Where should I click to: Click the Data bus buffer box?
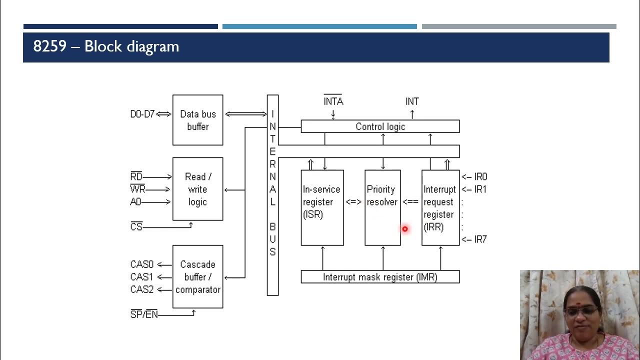[197, 120]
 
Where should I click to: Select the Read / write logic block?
[197, 189]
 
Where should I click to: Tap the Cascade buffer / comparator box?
[197, 276]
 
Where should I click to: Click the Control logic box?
[380, 126]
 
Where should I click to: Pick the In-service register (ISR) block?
[322, 207]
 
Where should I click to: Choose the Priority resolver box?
[382, 207]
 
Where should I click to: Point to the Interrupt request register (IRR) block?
[440, 207]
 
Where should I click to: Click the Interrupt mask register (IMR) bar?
[380, 276]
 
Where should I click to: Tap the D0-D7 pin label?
[142, 114]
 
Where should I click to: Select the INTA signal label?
[333, 101]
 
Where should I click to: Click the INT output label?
[412, 101]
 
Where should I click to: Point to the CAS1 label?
[141, 276]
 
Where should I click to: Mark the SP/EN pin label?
[143, 315]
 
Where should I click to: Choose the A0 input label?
[135, 202]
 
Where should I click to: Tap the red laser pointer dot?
[404, 229]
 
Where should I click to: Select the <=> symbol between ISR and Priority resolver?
[353, 202]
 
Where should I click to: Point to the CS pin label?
[136, 227]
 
